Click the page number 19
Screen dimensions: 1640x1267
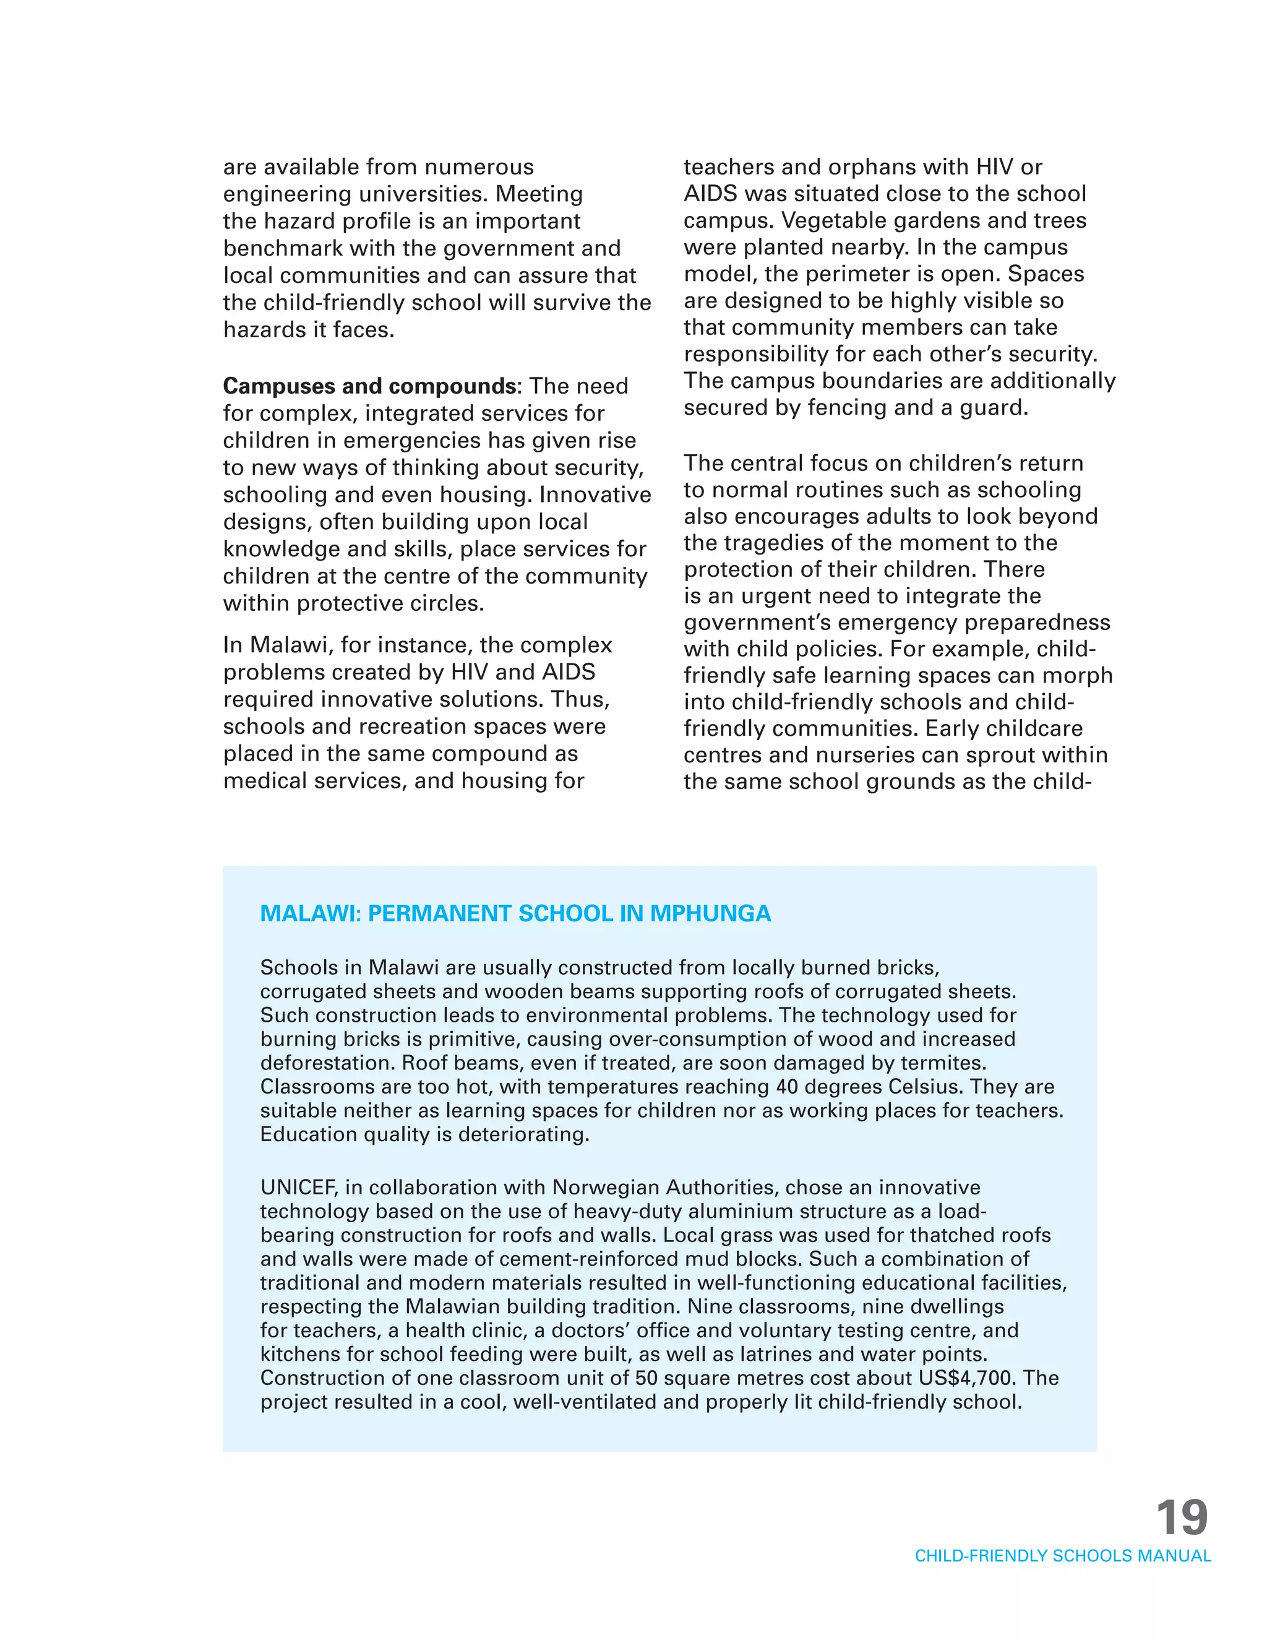1182,1518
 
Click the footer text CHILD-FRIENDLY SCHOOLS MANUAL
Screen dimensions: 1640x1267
1062,1556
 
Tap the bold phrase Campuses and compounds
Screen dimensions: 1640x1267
369,386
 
